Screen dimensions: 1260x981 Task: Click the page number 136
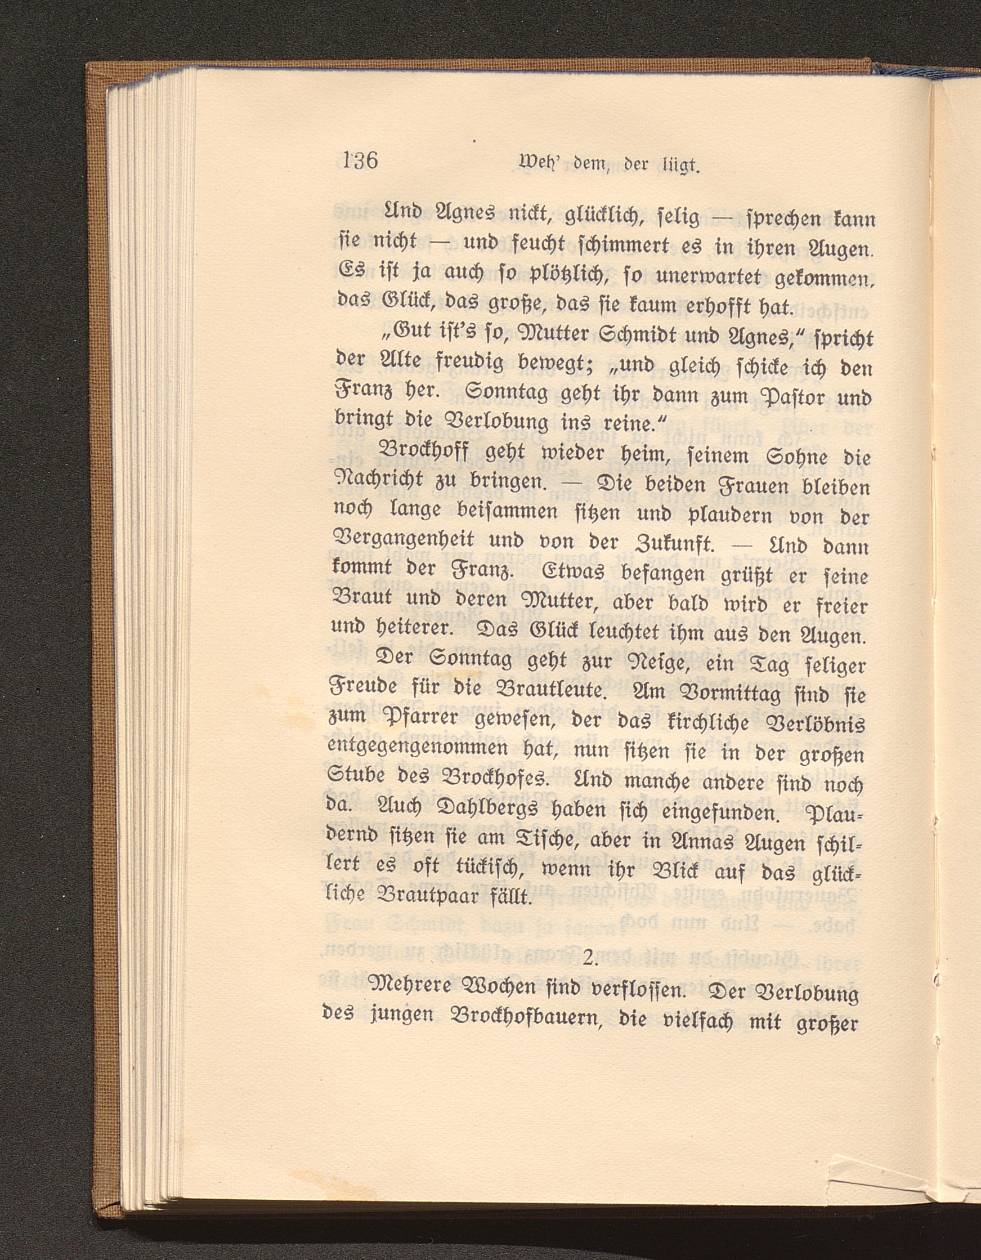tap(360, 160)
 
